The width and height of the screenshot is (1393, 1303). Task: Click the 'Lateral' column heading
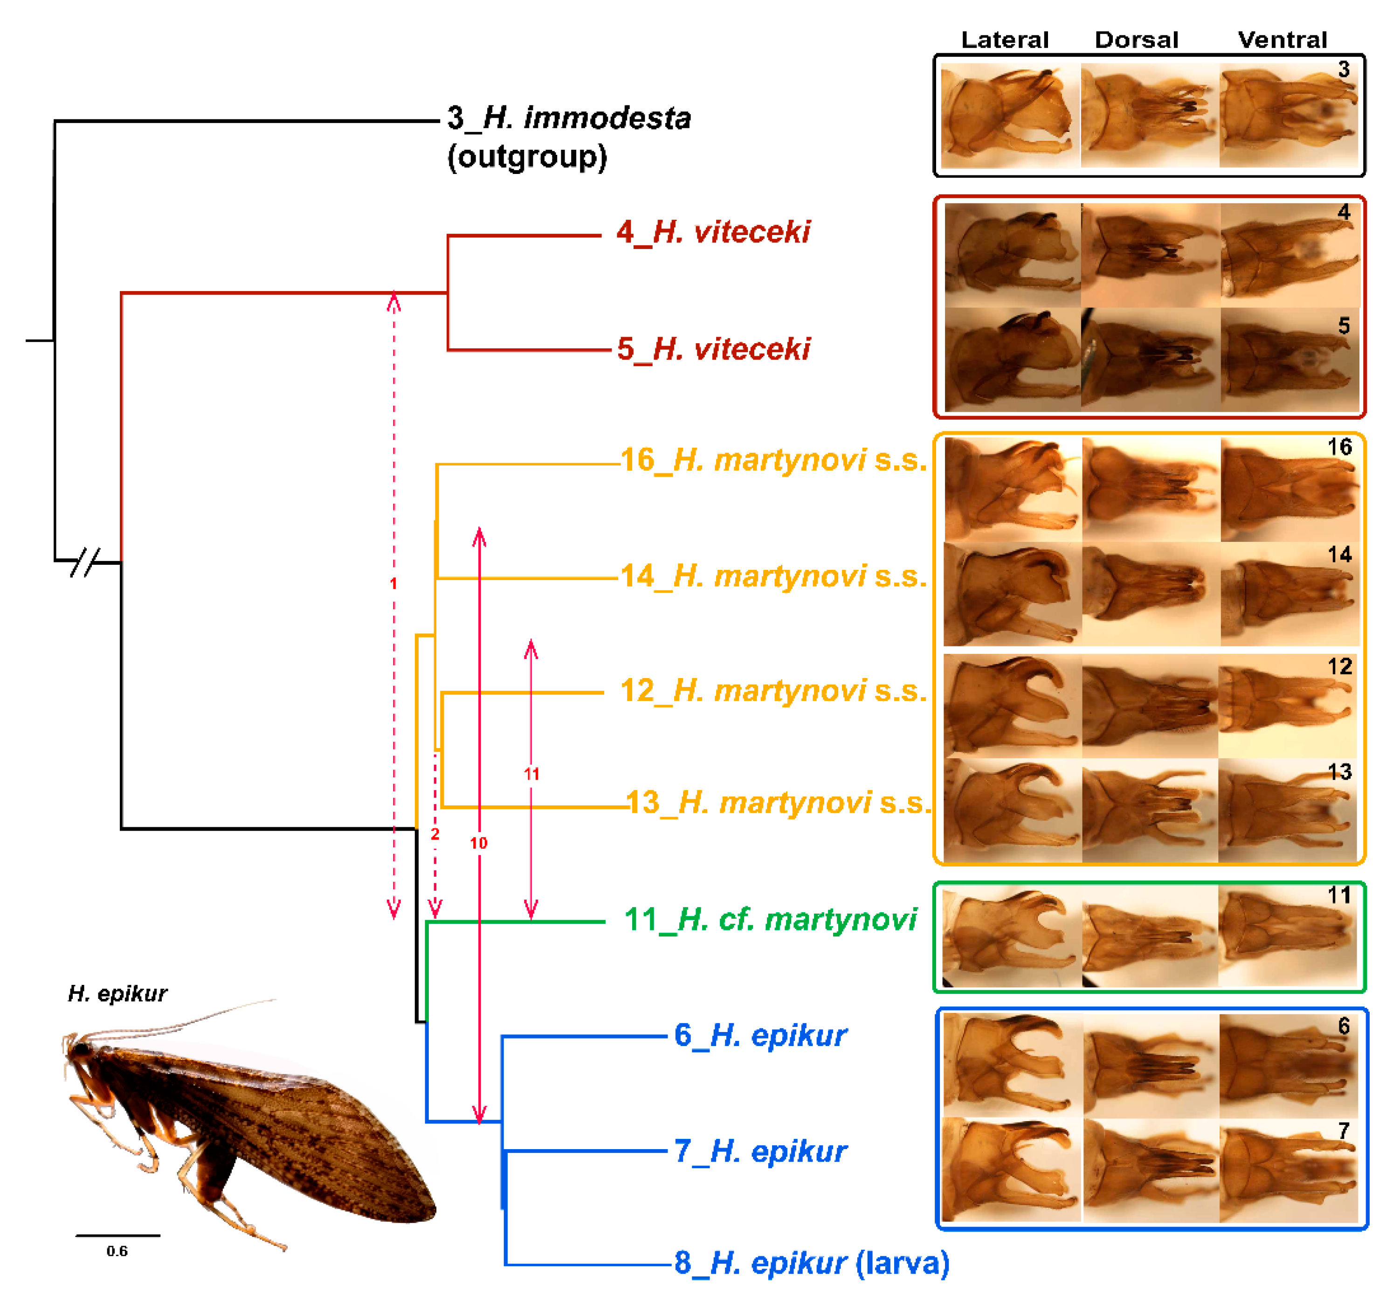click(x=1004, y=40)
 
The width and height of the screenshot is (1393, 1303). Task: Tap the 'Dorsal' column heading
click(x=1137, y=40)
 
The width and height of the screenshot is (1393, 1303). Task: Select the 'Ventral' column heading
click(x=1283, y=40)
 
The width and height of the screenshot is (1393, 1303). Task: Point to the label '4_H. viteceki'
click(x=713, y=232)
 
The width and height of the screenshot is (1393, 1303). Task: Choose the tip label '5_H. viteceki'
click(x=713, y=349)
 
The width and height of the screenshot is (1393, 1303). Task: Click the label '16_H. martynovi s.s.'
click(x=773, y=460)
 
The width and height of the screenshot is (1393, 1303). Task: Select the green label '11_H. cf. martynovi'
click(x=770, y=920)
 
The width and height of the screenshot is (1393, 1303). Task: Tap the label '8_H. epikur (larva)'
click(x=811, y=1263)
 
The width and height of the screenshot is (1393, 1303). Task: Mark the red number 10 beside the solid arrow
click(x=479, y=843)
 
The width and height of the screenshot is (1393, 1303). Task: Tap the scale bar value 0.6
click(x=117, y=1251)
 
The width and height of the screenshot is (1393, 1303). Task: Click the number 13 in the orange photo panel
click(x=1339, y=772)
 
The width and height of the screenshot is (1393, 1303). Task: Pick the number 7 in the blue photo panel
click(x=1343, y=1130)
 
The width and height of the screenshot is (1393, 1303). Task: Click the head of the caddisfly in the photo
click(x=79, y=1049)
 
